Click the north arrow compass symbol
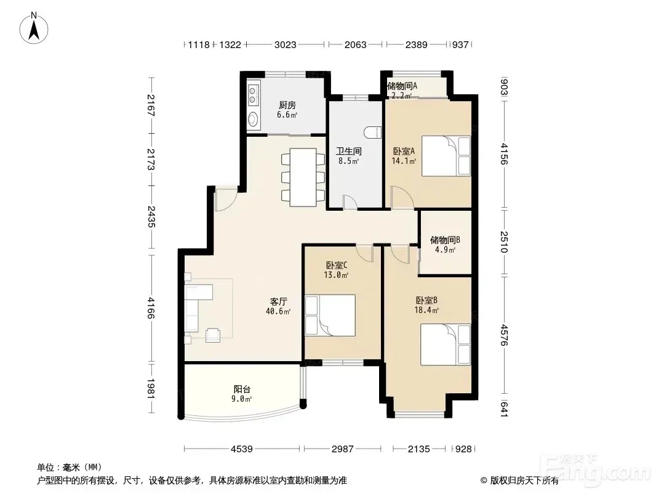click(34, 28)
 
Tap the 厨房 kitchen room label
click(287, 105)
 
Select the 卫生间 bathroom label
click(348, 151)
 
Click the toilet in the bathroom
click(373, 132)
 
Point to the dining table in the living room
click(303, 177)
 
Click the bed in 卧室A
click(446, 156)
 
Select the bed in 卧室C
click(330, 315)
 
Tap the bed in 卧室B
click(446, 344)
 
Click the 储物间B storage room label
click(445, 240)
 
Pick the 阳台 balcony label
click(242, 389)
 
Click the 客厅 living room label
click(278, 301)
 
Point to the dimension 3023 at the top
click(286, 44)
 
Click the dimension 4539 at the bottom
click(242, 449)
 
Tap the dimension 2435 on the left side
click(151, 216)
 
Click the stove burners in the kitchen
click(253, 95)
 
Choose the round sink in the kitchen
click(253, 120)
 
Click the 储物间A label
click(402, 86)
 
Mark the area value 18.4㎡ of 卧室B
click(426, 311)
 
